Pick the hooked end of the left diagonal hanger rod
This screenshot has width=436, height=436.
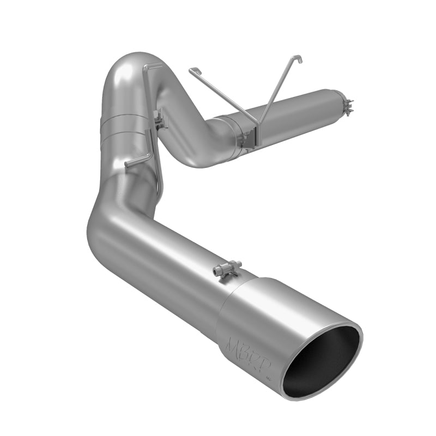[x=192, y=70]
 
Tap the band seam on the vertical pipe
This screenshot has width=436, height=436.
[x=125, y=123]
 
